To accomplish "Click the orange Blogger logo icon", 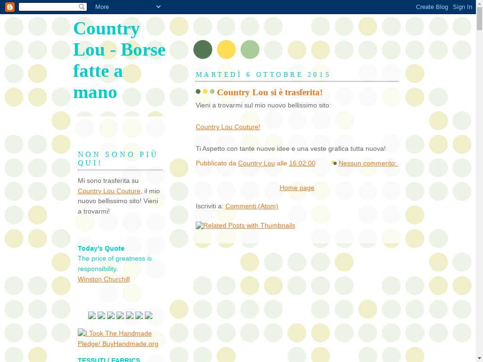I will click(x=9, y=7).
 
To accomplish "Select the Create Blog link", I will click(x=432, y=7).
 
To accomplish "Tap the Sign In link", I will click(x=462, y=7).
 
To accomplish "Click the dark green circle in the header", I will click(x=203, y=49).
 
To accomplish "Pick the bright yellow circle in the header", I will click(x=226, y=49).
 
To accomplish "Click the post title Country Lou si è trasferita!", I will click(x=270, y=92).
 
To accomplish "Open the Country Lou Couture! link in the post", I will click(x=228, y=127).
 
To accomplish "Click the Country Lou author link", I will click(x=256, y=163).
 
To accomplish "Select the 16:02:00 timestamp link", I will click(x=302, y=163).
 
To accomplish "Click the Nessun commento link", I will click(x=368, y=163).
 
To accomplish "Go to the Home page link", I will click(x=297, y=188).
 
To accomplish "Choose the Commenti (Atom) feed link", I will click(x=251, y=206).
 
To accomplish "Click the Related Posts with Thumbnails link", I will click(x=245, y=225).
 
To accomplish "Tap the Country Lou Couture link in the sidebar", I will click(x=109, y=191).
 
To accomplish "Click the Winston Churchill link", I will click(x=104, y=279).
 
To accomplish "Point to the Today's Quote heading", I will click(x=101, y=248).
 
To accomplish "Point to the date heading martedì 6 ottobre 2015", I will click(x=263, y=74).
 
